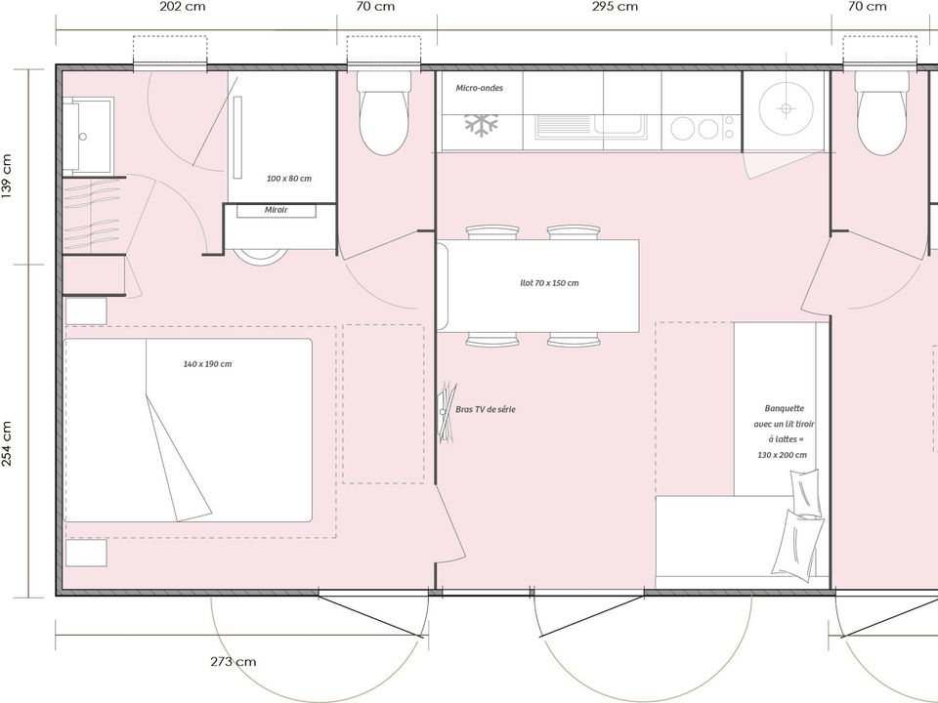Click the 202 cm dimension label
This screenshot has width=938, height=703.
(x=183, y=7)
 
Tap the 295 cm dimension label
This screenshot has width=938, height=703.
(x=615, y=7)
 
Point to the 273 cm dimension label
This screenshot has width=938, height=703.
(x=234, y=662)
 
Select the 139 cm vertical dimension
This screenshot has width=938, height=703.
(x=7, y=177)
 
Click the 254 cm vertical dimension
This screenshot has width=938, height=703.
(x=7, y=445)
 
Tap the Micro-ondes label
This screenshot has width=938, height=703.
(x=479, y=88)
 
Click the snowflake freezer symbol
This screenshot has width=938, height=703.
(x=482, y=125)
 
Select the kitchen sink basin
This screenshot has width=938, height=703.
(x=619, y=126)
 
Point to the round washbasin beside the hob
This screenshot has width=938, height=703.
(x=786, y=108)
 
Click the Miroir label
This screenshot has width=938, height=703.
(x=277, y=210)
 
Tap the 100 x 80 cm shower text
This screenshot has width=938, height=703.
(x=289, y=178)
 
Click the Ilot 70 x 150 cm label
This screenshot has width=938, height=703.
(x=549, y=283)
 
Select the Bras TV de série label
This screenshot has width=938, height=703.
(x=486, y=409)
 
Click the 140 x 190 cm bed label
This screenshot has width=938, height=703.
(x=207, y=363)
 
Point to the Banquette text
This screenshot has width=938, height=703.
(x=785, y=408)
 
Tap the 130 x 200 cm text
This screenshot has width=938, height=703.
(x=782, y=455)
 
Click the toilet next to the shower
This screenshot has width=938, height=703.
(x=383, y=113)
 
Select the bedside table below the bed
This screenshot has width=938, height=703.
(x=86, y=553)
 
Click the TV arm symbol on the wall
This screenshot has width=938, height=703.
(x=447, y=412)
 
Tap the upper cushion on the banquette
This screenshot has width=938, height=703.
(x=805, y=492)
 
